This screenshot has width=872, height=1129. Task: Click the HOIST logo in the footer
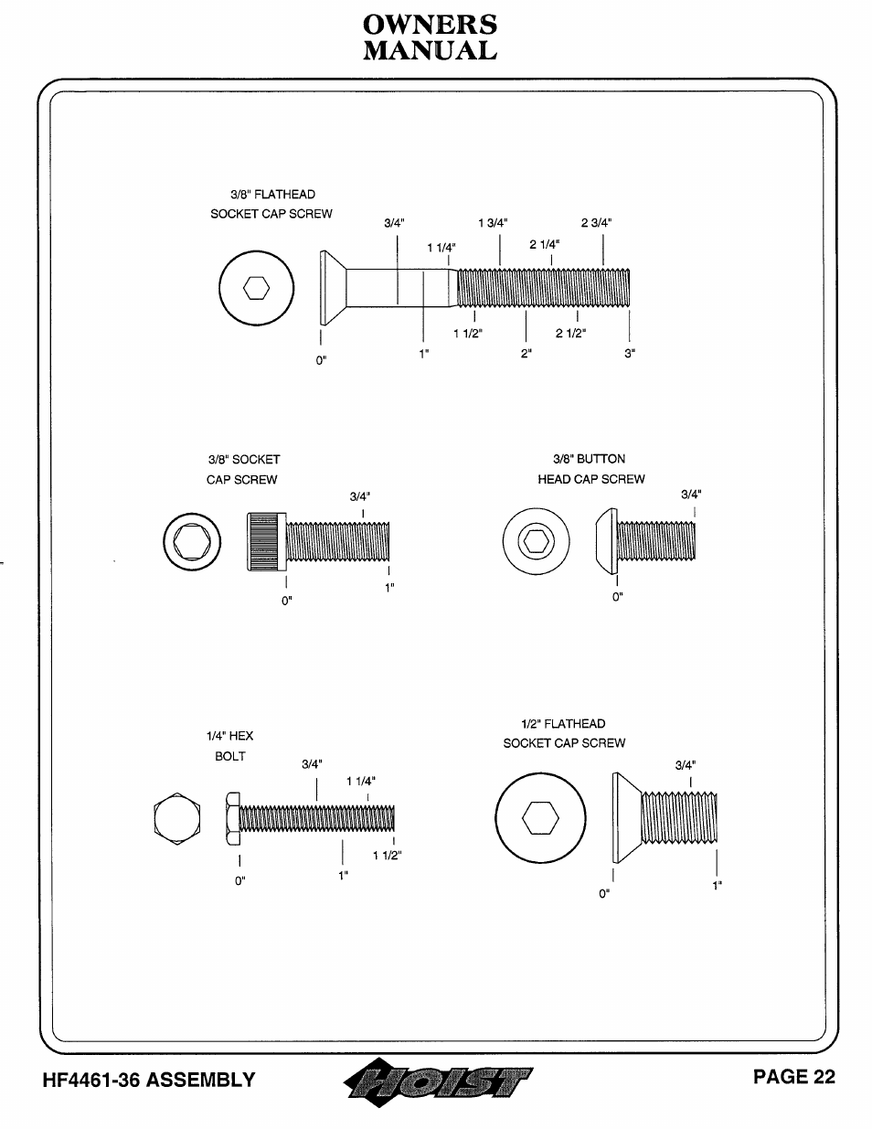438,1082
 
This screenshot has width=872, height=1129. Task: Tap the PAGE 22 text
793,1077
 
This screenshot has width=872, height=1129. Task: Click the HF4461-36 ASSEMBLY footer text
149,1081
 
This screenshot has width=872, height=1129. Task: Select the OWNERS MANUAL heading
430,37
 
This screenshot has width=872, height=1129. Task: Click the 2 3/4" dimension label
596,223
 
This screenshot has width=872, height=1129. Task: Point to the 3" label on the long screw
630,354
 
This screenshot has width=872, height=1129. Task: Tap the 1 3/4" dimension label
493,223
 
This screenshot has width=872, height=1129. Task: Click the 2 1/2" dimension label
570,333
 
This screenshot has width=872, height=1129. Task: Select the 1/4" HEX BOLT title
229,746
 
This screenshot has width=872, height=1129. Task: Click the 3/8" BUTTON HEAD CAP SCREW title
591,469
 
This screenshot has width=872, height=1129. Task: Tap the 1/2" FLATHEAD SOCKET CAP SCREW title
564,733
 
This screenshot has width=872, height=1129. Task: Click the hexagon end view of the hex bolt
177,818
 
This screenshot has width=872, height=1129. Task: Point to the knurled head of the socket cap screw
266,542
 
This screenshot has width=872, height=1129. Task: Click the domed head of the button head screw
607,541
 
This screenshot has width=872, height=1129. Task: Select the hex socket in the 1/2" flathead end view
540,818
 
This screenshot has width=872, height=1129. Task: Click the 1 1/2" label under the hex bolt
388,855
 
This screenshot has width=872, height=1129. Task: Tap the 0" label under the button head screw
618,597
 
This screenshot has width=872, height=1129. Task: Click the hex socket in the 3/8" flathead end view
257,288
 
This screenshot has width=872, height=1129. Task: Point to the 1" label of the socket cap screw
389,588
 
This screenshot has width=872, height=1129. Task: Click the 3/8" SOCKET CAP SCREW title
243,470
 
